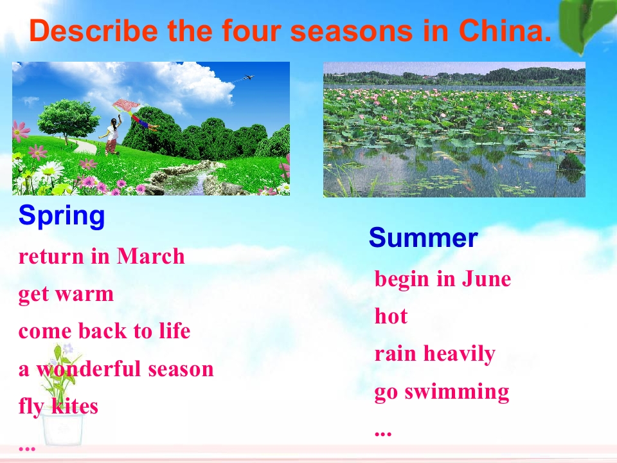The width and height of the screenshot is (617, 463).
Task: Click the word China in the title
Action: pos(505,30)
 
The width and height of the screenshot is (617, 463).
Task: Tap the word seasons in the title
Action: pos(352,30)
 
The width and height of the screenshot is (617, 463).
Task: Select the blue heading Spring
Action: pos(62,216)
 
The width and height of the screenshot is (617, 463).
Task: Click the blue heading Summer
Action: pos(424,237)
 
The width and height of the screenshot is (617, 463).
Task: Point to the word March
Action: pos(151,257)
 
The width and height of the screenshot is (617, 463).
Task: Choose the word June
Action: pos(487,278)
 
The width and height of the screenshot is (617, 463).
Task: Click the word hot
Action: pos(391,316)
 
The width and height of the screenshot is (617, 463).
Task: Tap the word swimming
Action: pos(457,392)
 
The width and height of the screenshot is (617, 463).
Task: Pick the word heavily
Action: pos(459,354)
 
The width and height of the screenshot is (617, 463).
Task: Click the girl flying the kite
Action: pos(111,134)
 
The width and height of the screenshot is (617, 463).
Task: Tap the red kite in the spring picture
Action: pos(126,105)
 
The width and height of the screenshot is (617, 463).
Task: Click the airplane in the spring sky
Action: pos(248,77)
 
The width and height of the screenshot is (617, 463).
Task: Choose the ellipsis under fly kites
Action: pos(27,448)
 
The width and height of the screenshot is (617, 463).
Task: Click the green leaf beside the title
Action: pos(586,24)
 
